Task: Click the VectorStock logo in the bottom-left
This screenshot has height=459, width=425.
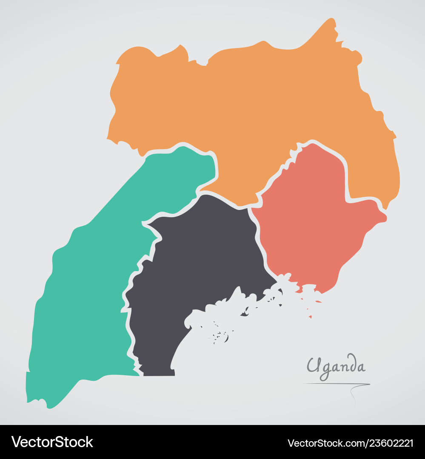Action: pos(52,442)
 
